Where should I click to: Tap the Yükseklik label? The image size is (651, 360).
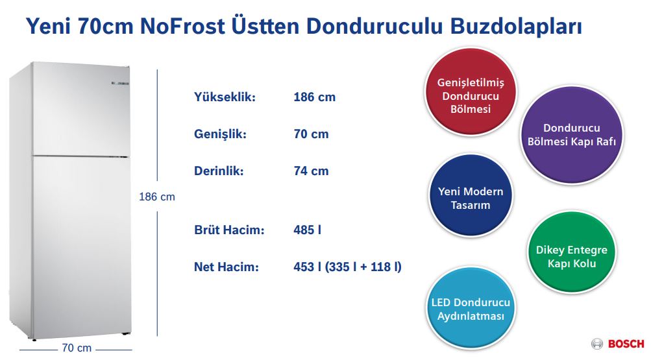tap(225, 97)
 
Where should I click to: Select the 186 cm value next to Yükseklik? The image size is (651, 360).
tap(314, 97)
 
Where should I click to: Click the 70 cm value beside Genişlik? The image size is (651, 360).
tap(311, 134)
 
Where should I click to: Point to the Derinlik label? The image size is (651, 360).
tap(219, 171)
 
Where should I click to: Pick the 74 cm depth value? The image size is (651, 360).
tap(311, 171)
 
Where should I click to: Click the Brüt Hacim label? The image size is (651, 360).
tap(229, 230)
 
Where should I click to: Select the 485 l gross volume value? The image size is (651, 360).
tap(308, 230)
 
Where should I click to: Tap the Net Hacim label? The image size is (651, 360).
tap(227, 267)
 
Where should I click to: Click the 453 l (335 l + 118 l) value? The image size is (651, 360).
tap(347, 267)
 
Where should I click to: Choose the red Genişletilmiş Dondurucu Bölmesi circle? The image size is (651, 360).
tap(471, 96)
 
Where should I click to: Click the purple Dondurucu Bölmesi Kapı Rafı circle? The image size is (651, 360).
tap(571, 135)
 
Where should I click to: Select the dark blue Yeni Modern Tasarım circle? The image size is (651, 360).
tap(471, 198)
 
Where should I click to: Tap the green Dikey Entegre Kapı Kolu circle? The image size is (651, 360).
tap(571, 257)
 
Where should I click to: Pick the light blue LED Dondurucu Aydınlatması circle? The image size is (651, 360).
tap(471, 309)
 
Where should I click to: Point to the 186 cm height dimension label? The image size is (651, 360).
tap(157, 197)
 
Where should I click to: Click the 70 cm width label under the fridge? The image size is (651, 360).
tap(76, 348)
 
